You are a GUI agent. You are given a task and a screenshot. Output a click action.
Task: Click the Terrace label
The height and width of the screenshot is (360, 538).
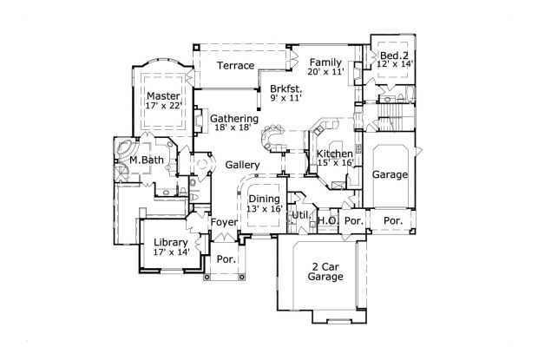click(235, 66)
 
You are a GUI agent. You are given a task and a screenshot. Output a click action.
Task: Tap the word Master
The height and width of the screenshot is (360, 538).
click(162, 95)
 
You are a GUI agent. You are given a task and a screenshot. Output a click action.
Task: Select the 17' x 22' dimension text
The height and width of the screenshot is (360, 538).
click(162, 106)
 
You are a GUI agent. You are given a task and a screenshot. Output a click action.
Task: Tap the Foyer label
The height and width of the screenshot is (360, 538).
click(224, 223)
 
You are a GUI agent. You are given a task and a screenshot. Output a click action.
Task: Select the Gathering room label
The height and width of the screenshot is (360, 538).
click(233, 118)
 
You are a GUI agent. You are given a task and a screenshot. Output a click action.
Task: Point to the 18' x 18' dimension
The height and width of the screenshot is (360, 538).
click(233, 128)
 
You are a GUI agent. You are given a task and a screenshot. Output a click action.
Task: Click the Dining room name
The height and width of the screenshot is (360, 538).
click(264, 199)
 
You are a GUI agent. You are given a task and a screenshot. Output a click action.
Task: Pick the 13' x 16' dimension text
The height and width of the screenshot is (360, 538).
click(264, 209)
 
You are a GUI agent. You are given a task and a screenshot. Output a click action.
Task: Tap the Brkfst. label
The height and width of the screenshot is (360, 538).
click(285, 88)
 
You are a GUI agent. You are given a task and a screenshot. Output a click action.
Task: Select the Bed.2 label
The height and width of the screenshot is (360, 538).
click(390, 55)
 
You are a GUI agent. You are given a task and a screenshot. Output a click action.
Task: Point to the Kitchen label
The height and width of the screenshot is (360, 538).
click(334, 154)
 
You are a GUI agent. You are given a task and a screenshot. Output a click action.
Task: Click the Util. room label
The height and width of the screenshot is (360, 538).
click(301, 213)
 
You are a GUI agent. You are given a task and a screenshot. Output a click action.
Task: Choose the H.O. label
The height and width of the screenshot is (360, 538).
click(327, 220)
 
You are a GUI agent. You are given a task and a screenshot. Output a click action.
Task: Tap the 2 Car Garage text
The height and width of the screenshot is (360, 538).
click(325, 272)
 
